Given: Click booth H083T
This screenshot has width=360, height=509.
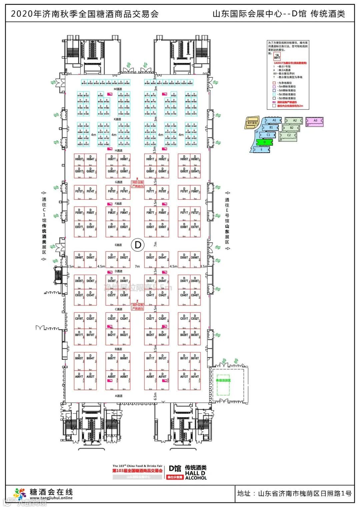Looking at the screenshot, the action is click(x=79, y=159).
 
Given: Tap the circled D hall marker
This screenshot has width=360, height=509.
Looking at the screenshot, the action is click(x=138, y=245).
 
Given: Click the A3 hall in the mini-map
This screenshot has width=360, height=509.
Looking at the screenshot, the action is click(x=315, y=121).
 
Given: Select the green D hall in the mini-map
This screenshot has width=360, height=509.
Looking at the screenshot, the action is click(x=265, y=142).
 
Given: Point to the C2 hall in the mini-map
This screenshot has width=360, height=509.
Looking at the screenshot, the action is click(x=289, y=135).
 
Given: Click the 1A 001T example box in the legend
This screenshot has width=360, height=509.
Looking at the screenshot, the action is click(x=277, y=56).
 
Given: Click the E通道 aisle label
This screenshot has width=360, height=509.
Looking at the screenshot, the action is click(x=118, y=245).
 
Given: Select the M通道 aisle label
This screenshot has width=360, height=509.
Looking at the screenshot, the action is click(x=118, y=89).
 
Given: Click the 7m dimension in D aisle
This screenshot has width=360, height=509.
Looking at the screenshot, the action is click(x=137, y=266).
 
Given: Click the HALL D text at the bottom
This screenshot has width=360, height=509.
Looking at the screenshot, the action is click(x=195, y=473).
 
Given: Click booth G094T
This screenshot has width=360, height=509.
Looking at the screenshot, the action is click(x=195, y=172).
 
